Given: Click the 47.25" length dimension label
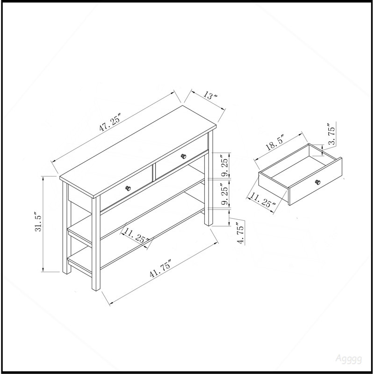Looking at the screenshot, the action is click(110, 122).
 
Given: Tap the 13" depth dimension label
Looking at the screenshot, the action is click(210, 95).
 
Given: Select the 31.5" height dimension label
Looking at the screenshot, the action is click(38, 221).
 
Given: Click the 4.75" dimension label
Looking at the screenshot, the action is click(241, 233).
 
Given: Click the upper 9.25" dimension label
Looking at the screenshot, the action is click(225, 165).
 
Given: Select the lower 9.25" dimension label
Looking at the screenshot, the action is click(225, 194).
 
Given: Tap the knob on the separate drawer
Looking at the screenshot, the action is click(318, 182).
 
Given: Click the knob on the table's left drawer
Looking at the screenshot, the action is click(128, 188).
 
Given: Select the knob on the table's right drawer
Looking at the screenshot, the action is click(183, 156).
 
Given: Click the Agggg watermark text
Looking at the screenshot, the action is click(349, 359).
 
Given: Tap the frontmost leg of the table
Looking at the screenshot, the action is click(96, 243).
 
